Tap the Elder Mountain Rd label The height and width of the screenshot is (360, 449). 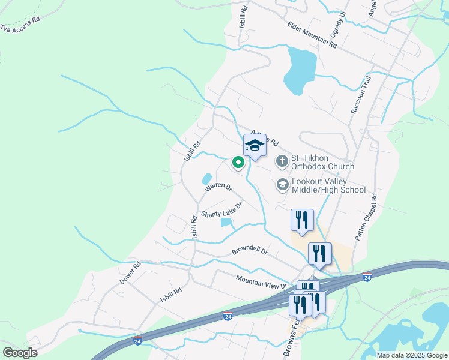coord(312,34)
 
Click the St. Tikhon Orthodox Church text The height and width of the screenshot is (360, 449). coord(322,162)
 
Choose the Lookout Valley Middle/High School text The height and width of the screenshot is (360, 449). coord(328,185)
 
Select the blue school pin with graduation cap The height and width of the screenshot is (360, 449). coord(255,146)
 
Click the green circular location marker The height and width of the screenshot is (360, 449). coord(238,161)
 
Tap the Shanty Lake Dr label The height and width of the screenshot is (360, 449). coord(221,210)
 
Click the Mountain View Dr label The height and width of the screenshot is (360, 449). coord(262,281)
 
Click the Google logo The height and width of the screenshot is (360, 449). coord(20,352)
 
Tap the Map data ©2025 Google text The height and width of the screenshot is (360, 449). coord(412,355)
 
